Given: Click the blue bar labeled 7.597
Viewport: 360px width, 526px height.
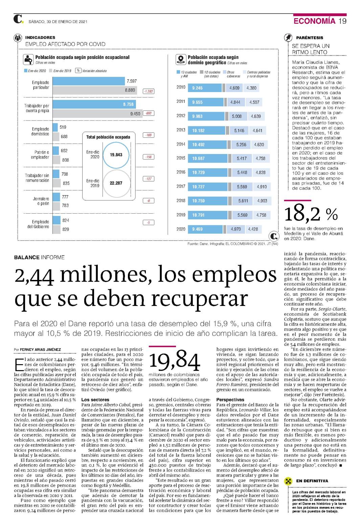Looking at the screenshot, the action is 89,81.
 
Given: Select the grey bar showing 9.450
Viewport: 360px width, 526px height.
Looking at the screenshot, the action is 97,113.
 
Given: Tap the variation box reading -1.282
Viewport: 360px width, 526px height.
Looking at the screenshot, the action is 149,91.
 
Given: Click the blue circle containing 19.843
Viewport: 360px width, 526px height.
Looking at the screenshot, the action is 116,155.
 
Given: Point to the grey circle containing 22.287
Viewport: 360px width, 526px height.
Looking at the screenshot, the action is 116,183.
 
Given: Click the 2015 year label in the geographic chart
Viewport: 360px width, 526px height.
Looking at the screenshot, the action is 181,158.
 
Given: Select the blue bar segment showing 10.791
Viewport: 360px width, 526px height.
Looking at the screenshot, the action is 207,215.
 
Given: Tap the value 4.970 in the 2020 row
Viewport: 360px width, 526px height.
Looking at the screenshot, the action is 235,229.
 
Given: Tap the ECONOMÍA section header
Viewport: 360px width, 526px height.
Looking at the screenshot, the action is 314,21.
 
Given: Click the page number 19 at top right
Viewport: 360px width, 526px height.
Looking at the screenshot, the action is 342,21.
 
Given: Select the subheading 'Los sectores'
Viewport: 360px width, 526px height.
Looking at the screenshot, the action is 95,400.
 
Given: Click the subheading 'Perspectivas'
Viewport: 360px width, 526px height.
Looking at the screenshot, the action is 230,400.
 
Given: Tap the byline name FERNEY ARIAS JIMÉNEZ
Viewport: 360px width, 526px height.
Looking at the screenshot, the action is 40,350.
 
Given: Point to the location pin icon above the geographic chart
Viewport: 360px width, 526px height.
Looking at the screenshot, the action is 180,60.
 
